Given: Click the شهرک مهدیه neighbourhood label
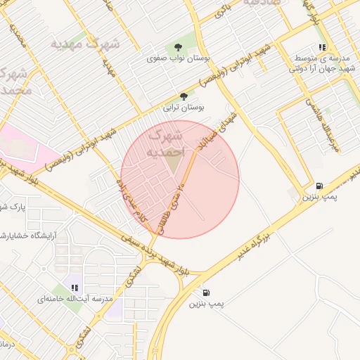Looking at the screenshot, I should point(84,44).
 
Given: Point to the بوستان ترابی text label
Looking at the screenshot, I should point(184,108).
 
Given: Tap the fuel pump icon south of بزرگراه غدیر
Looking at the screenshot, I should point(205,292).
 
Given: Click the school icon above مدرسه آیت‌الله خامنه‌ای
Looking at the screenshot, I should point(75,287).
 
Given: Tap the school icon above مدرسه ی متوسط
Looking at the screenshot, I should point(322,47).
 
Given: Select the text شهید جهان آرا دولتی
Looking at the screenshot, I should point(324,69).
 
